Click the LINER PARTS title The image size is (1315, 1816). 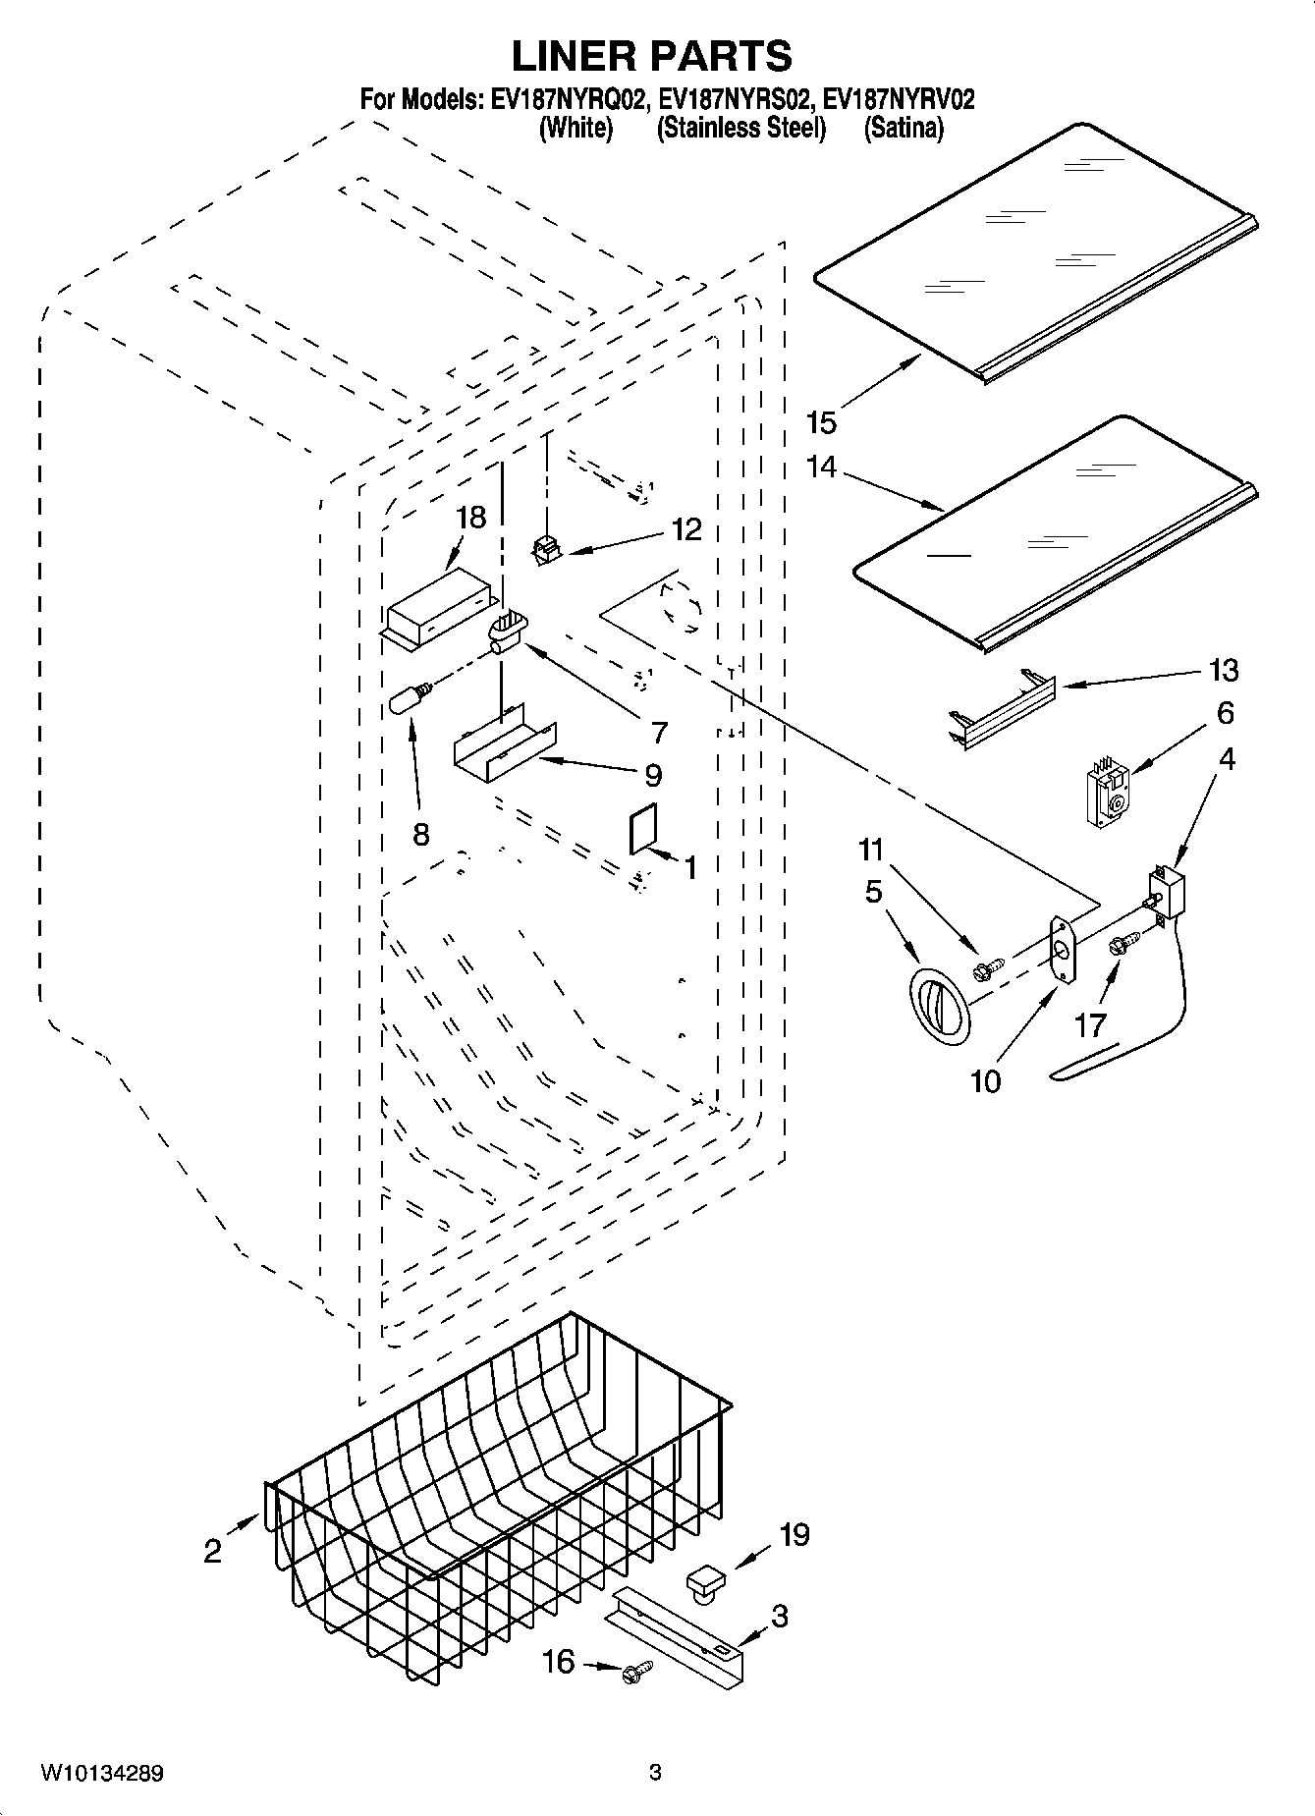click(651, 57)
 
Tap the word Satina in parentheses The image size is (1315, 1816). click(903, 129)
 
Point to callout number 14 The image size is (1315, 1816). click(821, 467)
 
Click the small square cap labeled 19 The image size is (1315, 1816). click(705, 1582)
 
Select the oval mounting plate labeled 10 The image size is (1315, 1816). click(1062, 949)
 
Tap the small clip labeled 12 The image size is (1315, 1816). click(543, 552)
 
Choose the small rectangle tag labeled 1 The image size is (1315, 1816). click(642, 832)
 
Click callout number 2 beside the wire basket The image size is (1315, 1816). click(212, 1550)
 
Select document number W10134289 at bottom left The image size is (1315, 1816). click(101, 1773)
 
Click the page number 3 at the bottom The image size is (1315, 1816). click(655, 1773)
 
